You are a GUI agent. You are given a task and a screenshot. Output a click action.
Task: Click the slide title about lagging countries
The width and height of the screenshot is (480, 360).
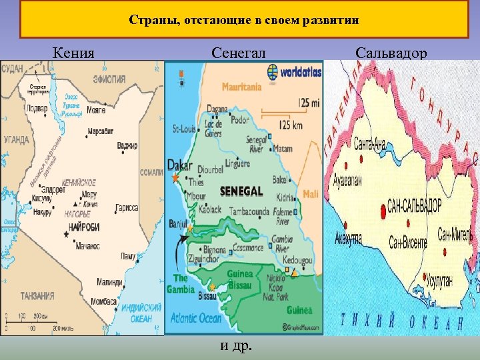tap(244, 20)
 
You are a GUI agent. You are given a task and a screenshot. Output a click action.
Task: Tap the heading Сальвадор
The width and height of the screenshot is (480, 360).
tap(391, 52)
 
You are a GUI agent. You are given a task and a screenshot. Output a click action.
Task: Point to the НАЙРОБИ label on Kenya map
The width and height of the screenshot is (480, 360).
tap(83, 228)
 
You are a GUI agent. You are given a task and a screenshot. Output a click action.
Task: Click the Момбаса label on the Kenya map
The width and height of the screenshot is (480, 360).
tap(103, 302)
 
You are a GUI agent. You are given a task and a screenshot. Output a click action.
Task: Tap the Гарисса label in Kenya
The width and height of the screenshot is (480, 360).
tap(126, 208)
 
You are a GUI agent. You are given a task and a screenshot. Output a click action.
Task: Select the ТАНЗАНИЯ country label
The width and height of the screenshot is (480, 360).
tap(27, 296)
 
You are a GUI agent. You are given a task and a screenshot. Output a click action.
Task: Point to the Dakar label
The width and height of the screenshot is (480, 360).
tap(180, 166)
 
